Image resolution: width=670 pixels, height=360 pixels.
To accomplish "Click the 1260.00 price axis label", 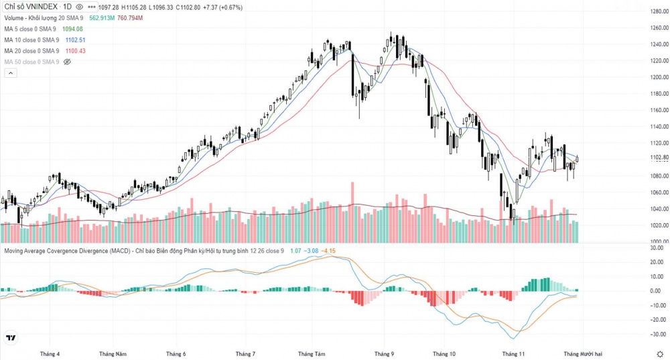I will coord(659,28).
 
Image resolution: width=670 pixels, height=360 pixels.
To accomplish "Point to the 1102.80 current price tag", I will coord(659,158).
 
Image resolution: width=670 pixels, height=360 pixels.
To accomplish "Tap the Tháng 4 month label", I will coord(50,353).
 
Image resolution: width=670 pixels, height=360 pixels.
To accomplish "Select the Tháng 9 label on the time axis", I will coord(385,353).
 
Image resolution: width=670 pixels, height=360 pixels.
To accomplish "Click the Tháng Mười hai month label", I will coord(582,353).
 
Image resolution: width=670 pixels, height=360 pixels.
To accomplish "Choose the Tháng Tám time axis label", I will coord(312,353).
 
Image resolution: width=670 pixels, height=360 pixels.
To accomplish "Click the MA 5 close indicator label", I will coord(31,29).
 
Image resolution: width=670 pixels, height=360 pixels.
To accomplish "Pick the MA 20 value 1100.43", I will coord(74,51).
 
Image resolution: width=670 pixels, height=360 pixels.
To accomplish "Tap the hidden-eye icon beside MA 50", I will coord(66,62).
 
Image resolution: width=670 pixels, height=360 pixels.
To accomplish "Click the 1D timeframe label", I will coord(68,7).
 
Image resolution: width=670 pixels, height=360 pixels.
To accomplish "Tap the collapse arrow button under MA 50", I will coord(10,73).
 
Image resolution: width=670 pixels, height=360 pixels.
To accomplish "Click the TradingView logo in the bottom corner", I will coord(11,338).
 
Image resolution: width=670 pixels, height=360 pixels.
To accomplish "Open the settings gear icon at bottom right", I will coord(660,353).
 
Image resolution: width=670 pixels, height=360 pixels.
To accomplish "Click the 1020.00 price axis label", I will coord(659,225).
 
